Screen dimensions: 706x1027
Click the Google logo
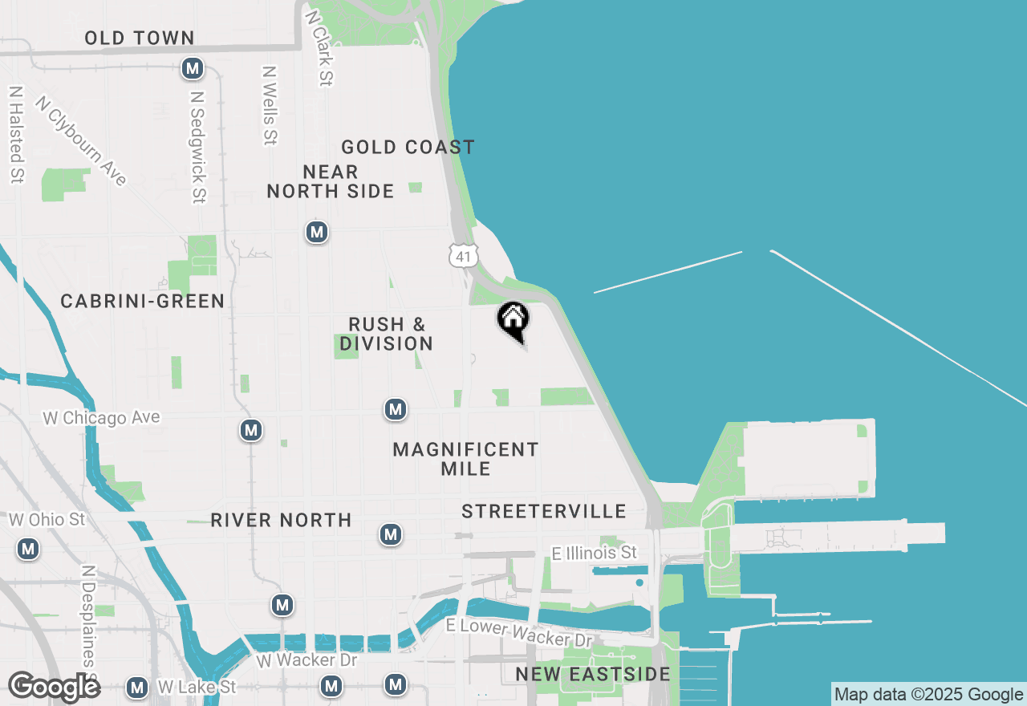click(x=54, y=688)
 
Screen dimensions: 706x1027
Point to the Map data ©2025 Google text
click(x=928, y=695)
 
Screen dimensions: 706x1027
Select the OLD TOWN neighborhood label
click(x=140, y=38)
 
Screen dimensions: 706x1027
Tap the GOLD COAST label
click(x=408, y=147)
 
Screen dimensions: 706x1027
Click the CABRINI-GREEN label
click(x=143, y=301)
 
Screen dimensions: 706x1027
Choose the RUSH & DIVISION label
click(x=387, y=334)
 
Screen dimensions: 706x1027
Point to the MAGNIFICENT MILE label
click(x=466, y=459)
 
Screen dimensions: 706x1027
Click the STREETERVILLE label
click(x=544, y=511)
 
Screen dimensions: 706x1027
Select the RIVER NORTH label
click(x=281, y=520)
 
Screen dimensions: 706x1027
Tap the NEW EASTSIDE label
click(x=593, y=674)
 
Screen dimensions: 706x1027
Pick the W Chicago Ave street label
click(x=101, y=418)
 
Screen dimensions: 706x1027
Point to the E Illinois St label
click(x=595, y=553)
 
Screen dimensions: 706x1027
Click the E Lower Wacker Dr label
click(x=519, y=632)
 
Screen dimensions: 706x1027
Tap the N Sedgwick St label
click(x=198, y=146)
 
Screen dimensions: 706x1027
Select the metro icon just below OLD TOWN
click(x=192, y=69)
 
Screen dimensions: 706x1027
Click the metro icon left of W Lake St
click(x=137, y=688)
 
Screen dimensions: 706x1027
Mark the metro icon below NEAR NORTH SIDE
click(x=318, y=233)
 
